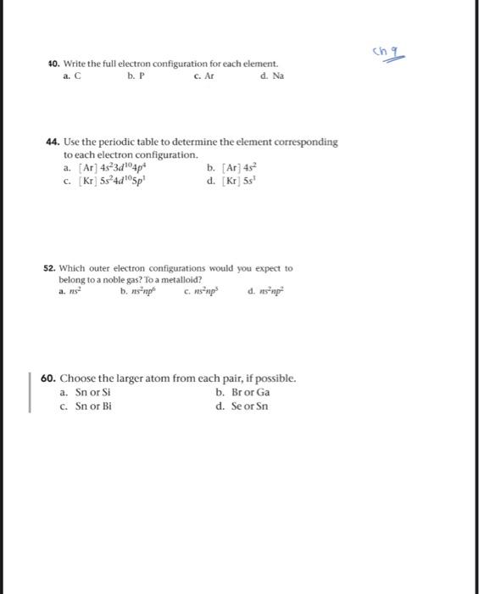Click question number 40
(x=53, y=64)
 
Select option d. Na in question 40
(x=272, y=76)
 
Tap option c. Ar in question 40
(x=201, y=76)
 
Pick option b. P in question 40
(x=131, y=76)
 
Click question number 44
(x=53, y=142)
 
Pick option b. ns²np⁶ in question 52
(x=141, y=290)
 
